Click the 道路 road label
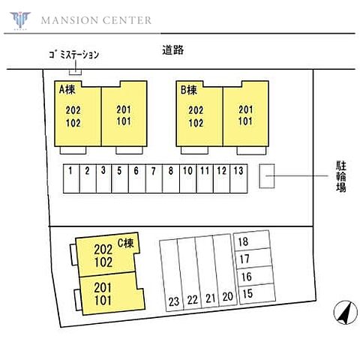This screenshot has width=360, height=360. (x=172, y=50)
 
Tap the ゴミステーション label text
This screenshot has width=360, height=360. (x=73, y=55)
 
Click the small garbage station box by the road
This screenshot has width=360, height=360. (x=75, y=72)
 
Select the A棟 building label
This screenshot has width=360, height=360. (x=67, y=89)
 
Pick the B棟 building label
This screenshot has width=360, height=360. (x=188, y=90)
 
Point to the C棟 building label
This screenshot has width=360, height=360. (x=126, y=243)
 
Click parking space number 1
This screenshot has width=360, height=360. (x=71, y=178)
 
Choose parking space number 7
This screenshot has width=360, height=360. (x=154, y=178)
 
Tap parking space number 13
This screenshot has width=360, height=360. (x=238, y=178)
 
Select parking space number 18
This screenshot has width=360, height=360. (x=252, y=241)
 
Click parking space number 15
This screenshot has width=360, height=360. (x=257, y=294)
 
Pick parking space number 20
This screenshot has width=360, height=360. (x=225, y=270)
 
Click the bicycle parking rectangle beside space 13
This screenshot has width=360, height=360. (x=267, y=176)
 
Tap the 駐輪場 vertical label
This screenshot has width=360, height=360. (x=341, y=176)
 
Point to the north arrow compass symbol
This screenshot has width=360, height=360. (x=346, y=312)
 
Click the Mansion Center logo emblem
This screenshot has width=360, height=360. (x=20, y=20)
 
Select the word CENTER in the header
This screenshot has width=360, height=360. (x=127, y=20)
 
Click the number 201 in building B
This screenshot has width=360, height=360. (x=245, y=109)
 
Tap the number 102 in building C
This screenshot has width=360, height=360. (x=103, y=262)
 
